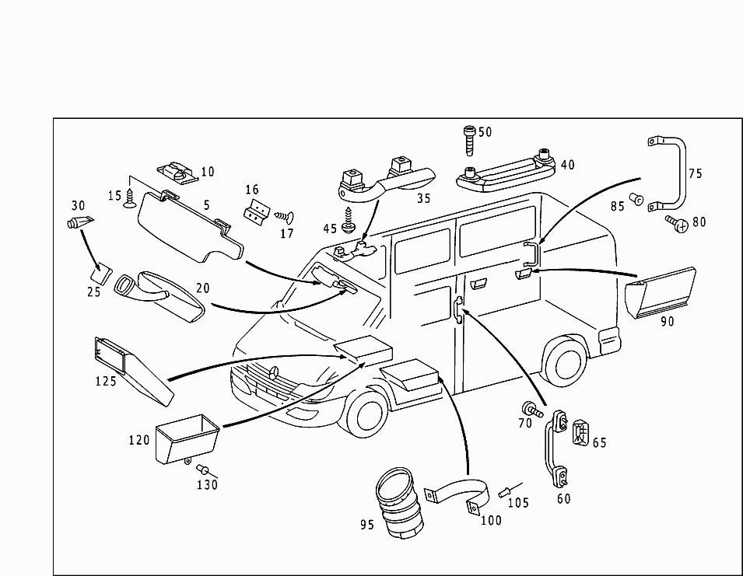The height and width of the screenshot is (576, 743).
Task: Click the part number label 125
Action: [106, 381]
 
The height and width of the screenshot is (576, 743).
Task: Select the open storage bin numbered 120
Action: [188, 438]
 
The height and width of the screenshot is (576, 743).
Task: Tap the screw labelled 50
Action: [470, 141]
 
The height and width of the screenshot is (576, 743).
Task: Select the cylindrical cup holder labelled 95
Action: [398, 503]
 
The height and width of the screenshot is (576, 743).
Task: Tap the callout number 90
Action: [668, 322]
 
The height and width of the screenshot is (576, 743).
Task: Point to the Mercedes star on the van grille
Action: [275, 373]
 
